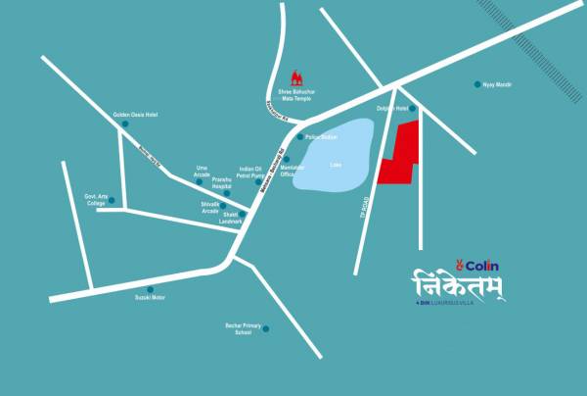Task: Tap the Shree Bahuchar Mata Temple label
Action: (x=295, y=94)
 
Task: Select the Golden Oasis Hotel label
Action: (x=135, y=115)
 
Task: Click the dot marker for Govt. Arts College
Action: (x=111, y=201)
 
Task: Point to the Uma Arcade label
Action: (x=203, y=172)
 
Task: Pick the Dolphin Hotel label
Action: (x=392, y=109)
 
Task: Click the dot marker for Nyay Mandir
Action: (x=477, y=84)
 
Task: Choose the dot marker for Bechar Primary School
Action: (x=264, y=329)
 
